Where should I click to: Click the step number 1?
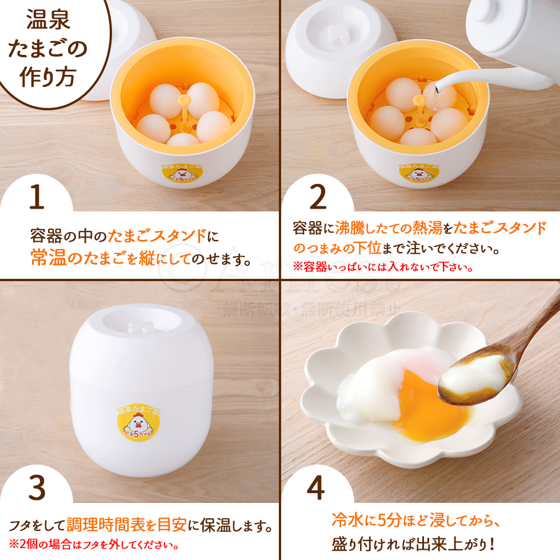tap(36, 197)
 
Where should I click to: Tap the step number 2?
tap(317, 197)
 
